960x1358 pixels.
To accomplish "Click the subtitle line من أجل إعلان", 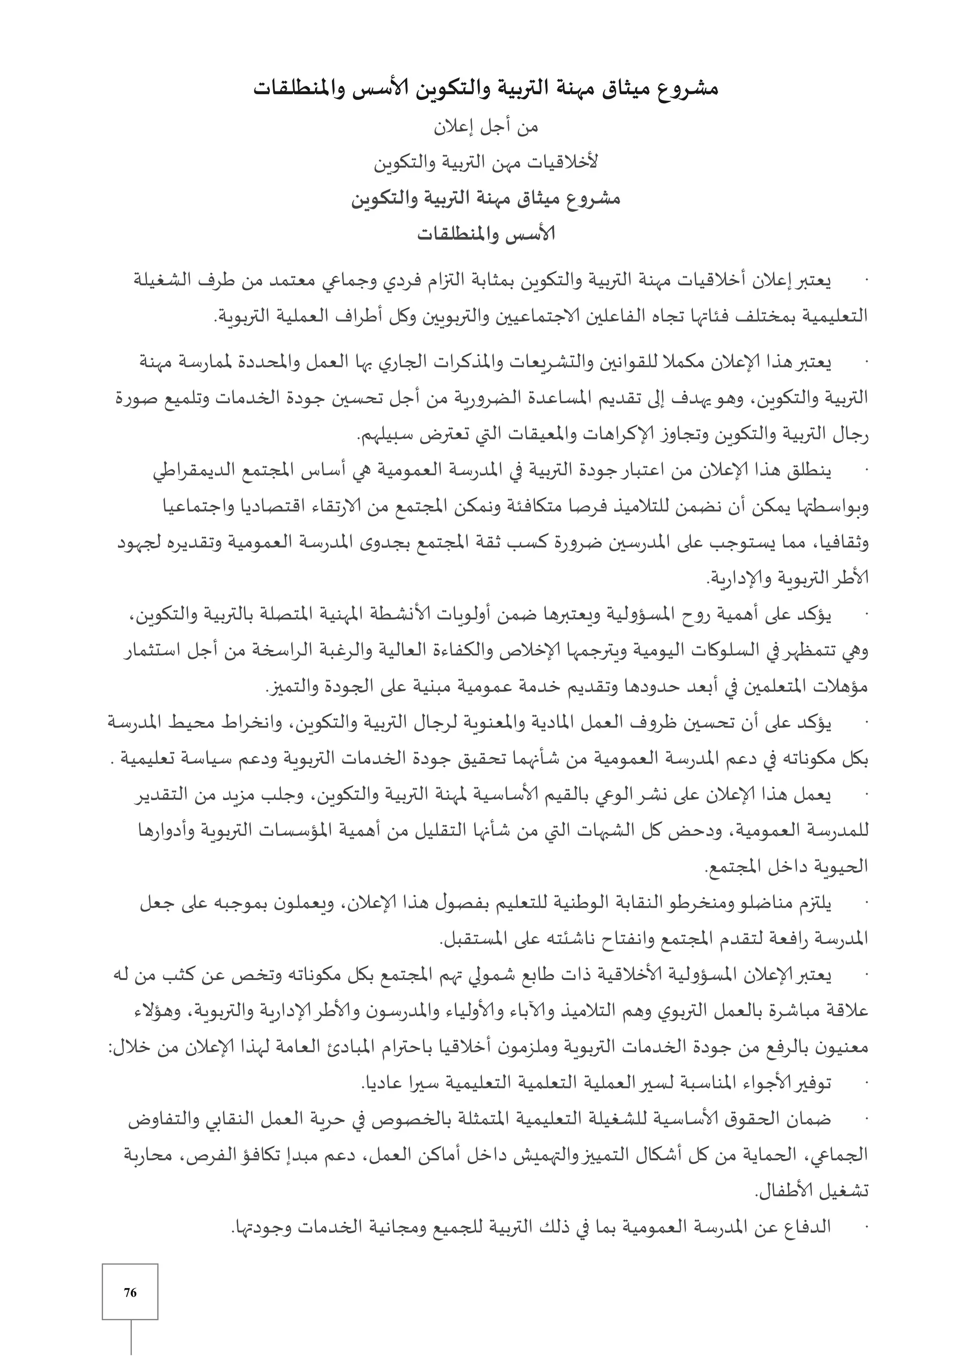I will coord(487,128).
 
